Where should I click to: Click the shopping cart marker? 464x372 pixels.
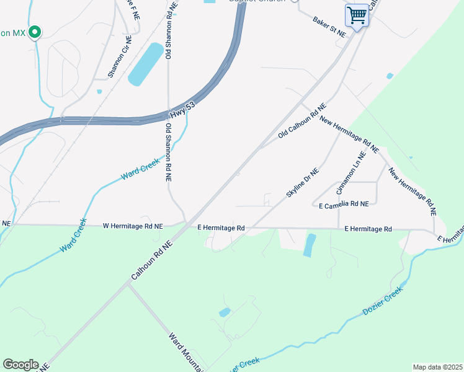[357, 14]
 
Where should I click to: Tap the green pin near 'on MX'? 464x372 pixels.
[35, 32]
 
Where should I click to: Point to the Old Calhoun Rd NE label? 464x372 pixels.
[302, 122]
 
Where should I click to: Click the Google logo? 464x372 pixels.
[20, 365]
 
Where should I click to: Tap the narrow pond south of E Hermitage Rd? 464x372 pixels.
[309, 246]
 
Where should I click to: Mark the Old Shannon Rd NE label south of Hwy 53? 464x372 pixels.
[167, 153]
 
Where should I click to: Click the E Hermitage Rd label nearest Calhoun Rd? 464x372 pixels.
[221, 228]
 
